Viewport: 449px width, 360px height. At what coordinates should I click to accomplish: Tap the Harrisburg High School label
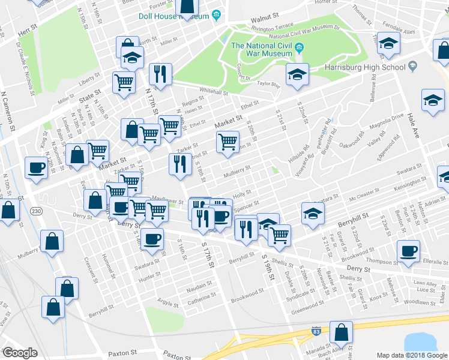(x=365, y=67)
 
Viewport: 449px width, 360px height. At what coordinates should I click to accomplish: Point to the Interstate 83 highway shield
(x=316, y=331)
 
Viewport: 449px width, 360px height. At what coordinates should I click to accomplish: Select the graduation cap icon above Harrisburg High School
(x=388, y=43)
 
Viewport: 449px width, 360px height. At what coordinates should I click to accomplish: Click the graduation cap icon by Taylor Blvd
(x=296, y=75)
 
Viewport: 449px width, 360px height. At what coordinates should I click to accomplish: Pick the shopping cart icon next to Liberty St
(x=124, y=83)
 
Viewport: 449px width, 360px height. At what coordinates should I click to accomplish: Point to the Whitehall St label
(x=214, y=92)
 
